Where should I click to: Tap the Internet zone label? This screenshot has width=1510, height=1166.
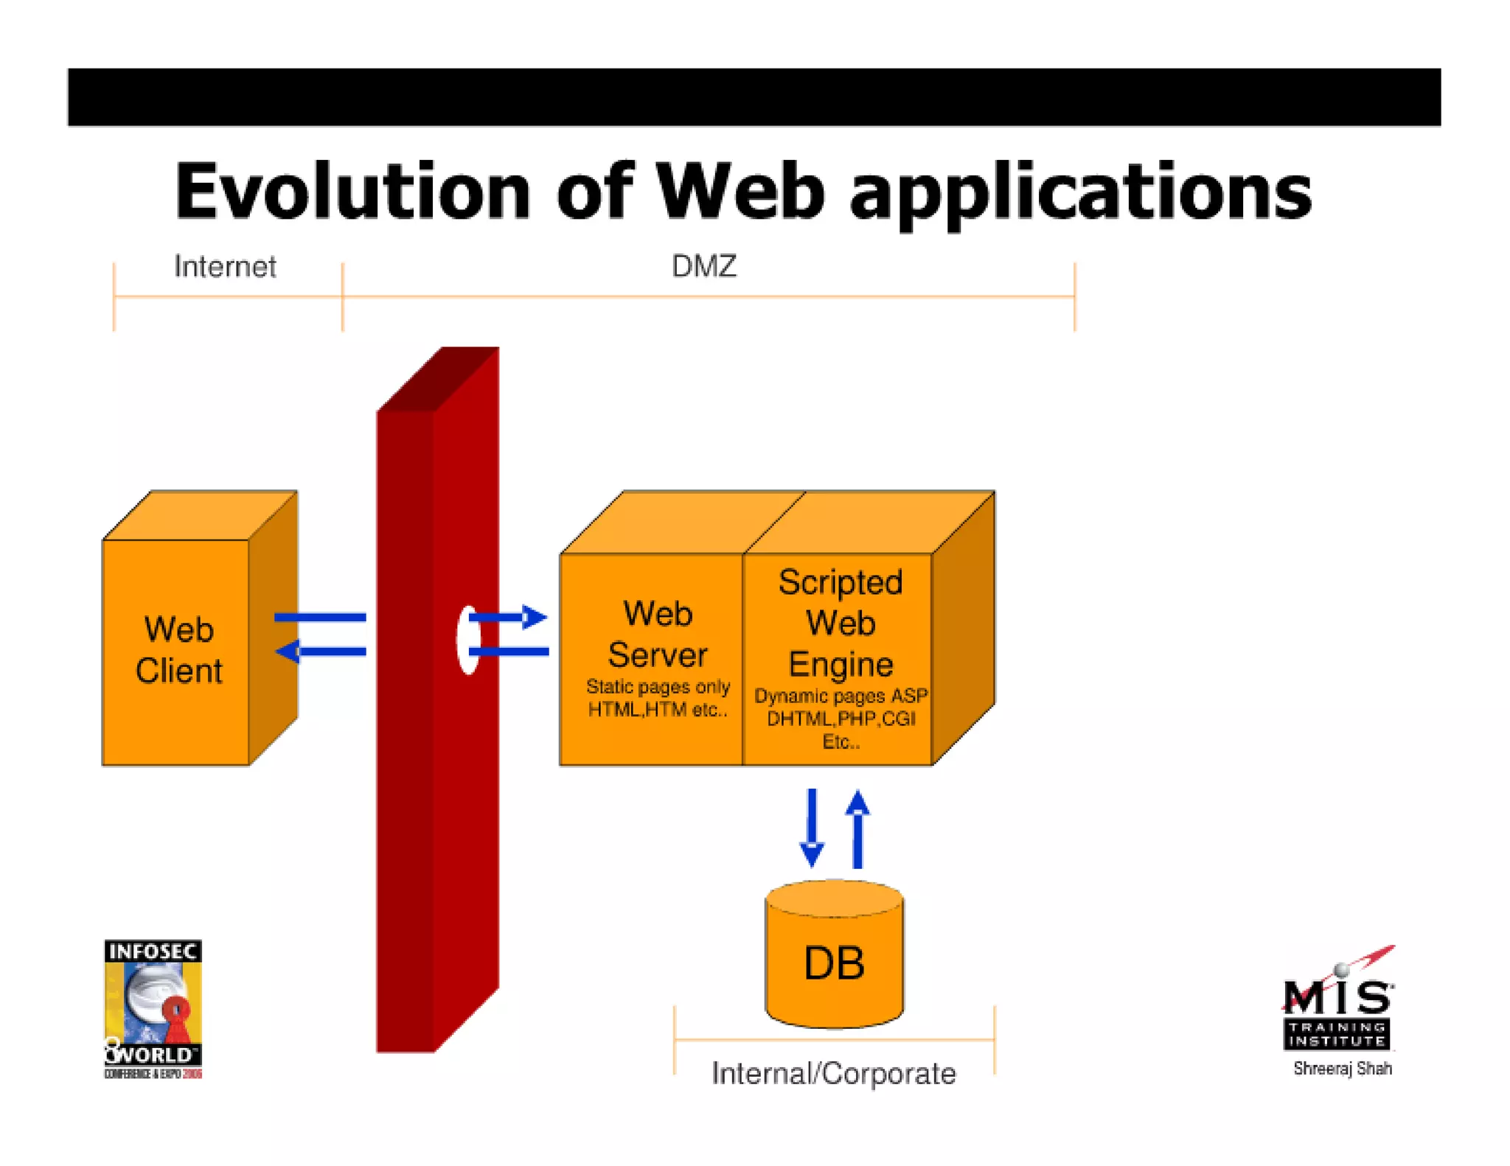pos(225,267)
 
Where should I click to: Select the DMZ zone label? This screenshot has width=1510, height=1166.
pos(703,267)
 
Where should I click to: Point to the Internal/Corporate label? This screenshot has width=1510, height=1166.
pos(833,1073)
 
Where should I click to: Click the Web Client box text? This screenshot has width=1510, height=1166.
pos(178,650)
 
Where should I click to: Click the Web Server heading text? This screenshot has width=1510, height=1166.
pos(657,634)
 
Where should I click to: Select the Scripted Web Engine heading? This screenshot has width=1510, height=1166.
pos(840,623)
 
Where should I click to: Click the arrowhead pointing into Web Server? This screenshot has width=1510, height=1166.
pos(535,617)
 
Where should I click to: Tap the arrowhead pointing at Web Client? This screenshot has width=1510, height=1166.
pos(288,652)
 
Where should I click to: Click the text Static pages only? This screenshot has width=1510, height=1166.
pos(658,687)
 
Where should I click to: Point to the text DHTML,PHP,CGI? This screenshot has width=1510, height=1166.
pos(841,719)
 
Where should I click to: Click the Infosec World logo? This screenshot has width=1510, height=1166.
pos(153,1008)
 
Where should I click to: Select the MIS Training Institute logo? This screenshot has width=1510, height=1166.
pos(1337,1006)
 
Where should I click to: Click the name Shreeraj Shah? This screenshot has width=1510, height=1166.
pos(1342,1069)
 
